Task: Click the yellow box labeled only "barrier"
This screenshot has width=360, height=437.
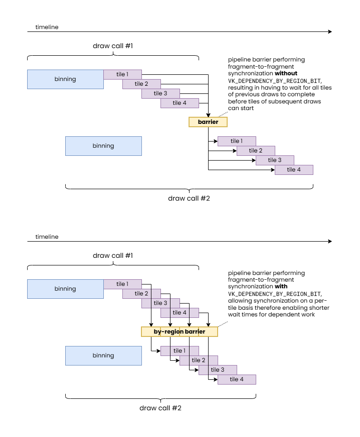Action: pyautogui.click(x=208, y=122)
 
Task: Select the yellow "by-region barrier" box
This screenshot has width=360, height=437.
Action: pyautogui.click(x=179, y=332)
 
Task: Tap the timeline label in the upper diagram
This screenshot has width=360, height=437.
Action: pyautogui.click(x=47, y=27)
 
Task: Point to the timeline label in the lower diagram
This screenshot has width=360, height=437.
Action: pyautogui.click(x=47, y=237)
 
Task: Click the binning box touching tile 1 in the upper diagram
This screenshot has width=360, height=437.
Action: pyautogui.click(x=65, y=79)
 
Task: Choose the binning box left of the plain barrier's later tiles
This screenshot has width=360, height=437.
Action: pyautogui.click(x=103, y=146)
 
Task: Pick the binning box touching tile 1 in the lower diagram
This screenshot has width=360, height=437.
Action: pyautogui.click(x=65, y=289)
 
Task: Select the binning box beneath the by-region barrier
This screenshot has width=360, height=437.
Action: pyautogui.click(x=103, y=356)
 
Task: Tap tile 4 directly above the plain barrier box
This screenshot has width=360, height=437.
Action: pyautogui.click(x=180, y=103)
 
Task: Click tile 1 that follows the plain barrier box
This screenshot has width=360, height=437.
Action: pyautogui.click(x=237, y=141)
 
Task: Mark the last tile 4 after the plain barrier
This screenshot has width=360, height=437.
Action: pyautogui.click(x=294, y=170)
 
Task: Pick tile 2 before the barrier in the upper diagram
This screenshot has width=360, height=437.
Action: pyautogui.click(x=141, y=84)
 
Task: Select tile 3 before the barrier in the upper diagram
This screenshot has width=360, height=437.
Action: pyautogui.click(x=160, y=93)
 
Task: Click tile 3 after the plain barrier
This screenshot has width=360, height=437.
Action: pyautogui.click(x=275, y=160)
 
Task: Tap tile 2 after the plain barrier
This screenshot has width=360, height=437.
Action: pyautogui.click(x=256, y=151)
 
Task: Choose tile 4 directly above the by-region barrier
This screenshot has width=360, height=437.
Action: pyautogui.click(x=180, y=313)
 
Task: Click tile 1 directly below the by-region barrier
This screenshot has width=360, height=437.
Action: pyautogui.click(x=180, y=351)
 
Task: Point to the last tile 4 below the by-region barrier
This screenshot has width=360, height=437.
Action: pyautogui.click(x=237, y=379)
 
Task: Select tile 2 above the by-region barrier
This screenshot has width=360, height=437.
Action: pyautogui.click(x=141, y=294)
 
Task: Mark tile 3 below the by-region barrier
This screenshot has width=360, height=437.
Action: pyautogui.click(x=218, y=370)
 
